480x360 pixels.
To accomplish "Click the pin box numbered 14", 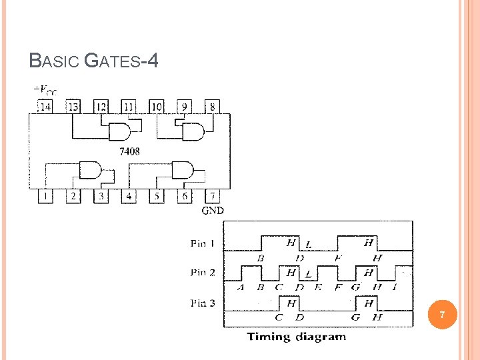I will pos(45,107).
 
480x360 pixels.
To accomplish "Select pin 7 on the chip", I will pos(212,196).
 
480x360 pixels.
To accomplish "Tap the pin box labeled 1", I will pos(45,196).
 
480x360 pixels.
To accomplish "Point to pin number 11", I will pos(128,107).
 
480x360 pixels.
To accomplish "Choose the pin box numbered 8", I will pos(212,107).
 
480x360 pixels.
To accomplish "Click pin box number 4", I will pos(129,196).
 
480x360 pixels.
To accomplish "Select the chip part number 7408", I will pos(129,151).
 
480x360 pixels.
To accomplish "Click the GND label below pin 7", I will pos(213,211).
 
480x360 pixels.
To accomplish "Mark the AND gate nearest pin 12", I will pos(119,131).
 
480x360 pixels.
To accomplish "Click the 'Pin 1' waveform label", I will pos(203,244).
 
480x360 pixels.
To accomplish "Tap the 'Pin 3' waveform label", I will pos(203,303).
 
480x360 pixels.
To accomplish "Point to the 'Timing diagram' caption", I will pos(297,337).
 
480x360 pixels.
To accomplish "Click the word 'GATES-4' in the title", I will pos(123,62).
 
